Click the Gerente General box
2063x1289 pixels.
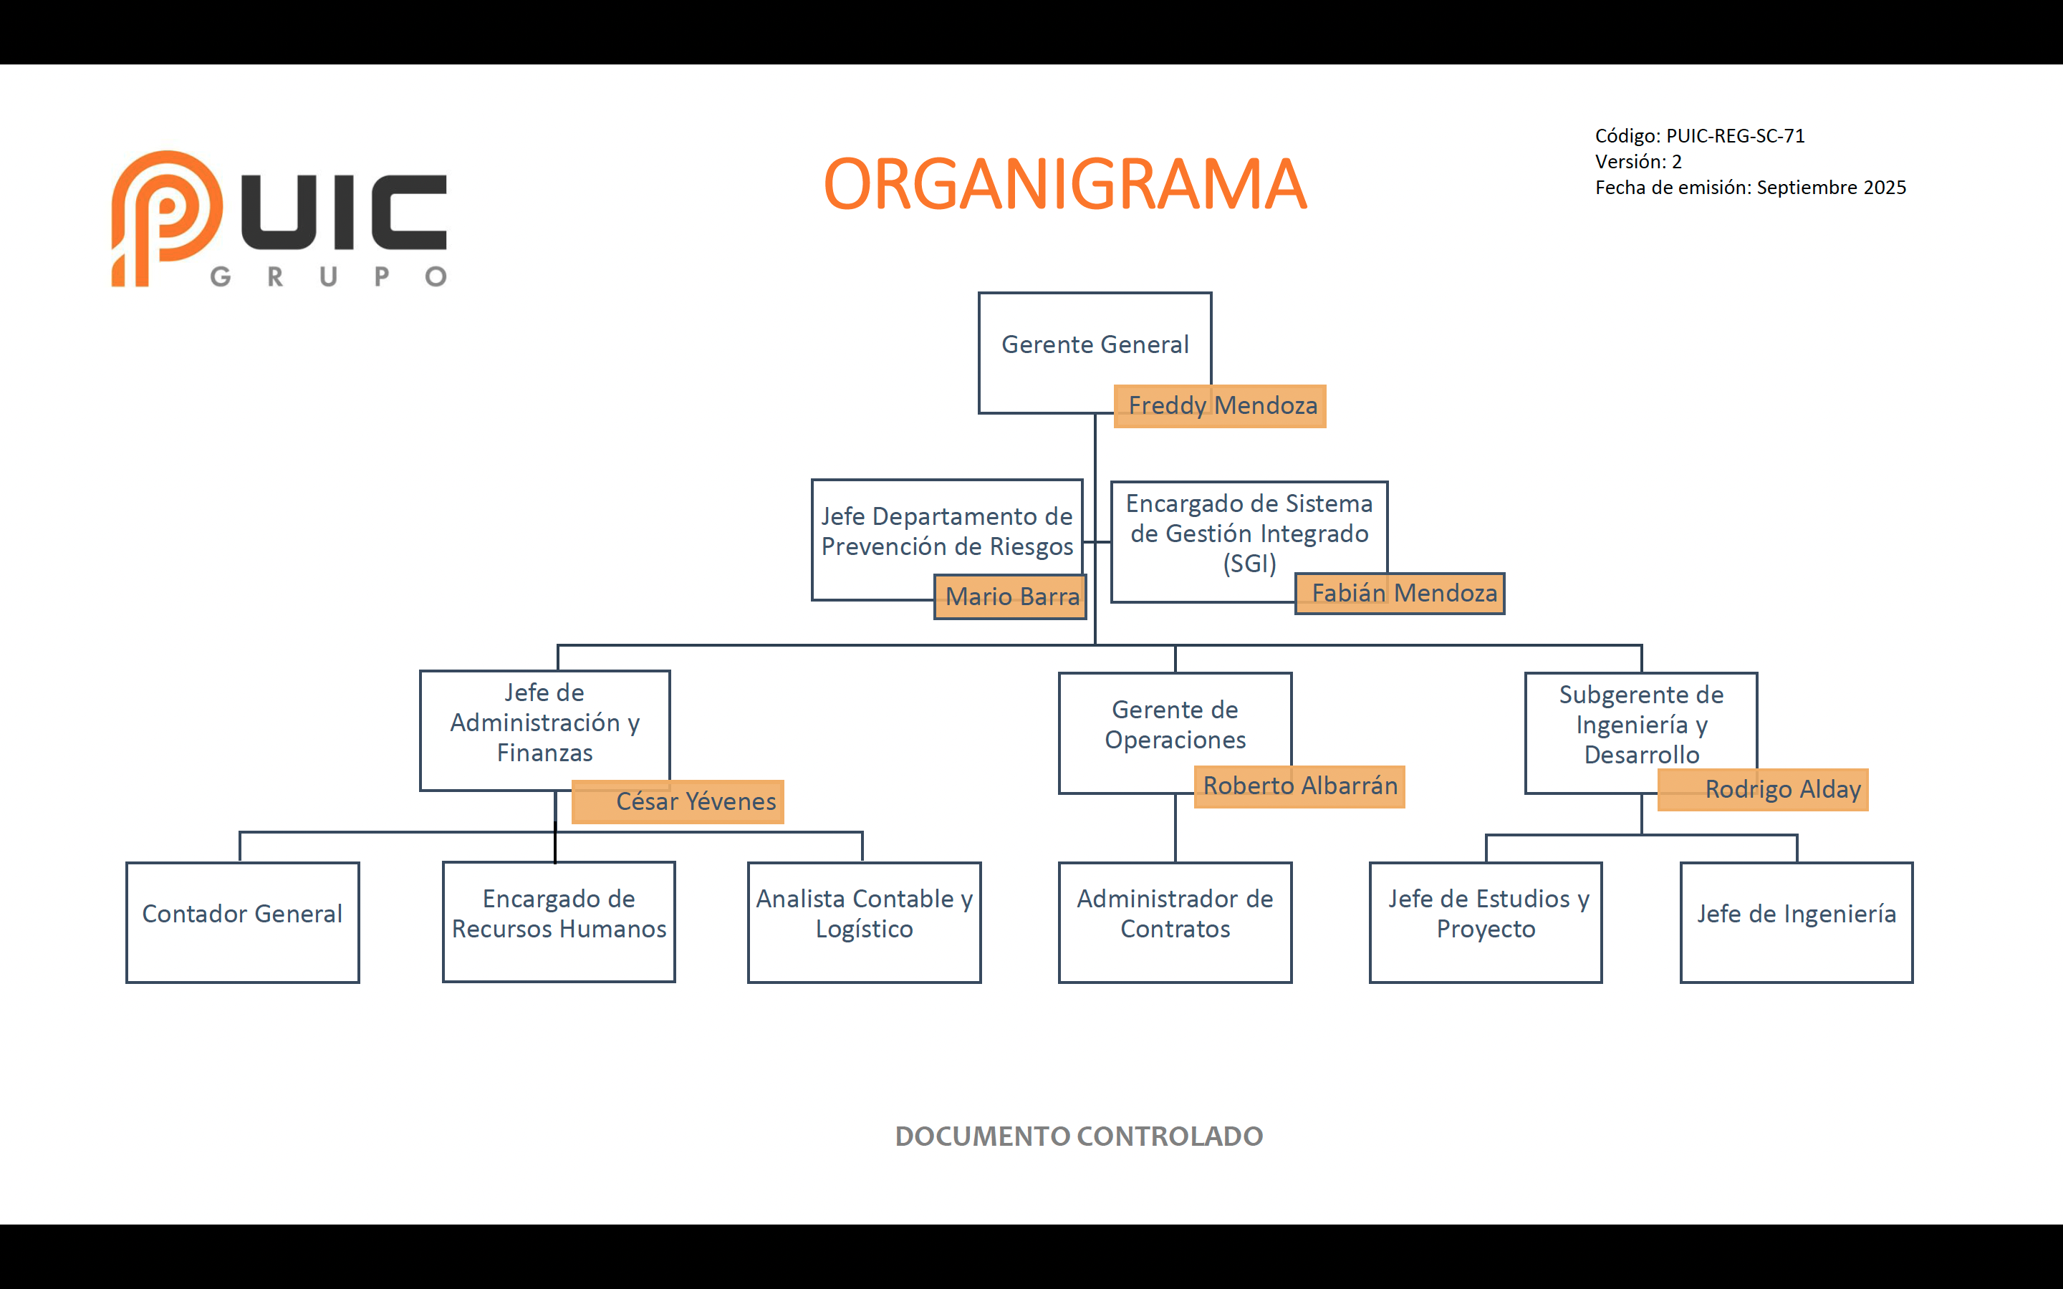1094,345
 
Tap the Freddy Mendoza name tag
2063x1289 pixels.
1220,406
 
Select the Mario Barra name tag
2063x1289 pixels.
1010,596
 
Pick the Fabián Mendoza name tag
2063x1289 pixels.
1400,594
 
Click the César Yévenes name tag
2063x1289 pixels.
678,801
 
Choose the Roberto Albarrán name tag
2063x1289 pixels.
1299,786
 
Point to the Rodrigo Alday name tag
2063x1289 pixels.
1763,789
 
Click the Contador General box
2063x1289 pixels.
242,922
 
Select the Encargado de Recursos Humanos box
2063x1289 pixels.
559,922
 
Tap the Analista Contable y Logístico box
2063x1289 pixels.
865,922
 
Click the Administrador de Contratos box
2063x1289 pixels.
1175,922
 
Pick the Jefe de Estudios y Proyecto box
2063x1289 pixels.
1486,922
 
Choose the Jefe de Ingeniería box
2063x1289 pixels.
1797,922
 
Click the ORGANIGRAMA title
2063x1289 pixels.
1064,184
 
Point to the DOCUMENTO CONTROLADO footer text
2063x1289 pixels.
1078,1136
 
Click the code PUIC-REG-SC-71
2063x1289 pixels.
1735,136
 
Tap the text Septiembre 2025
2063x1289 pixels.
1831,188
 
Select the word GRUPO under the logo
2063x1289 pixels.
328,277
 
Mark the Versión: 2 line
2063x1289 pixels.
1638,162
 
